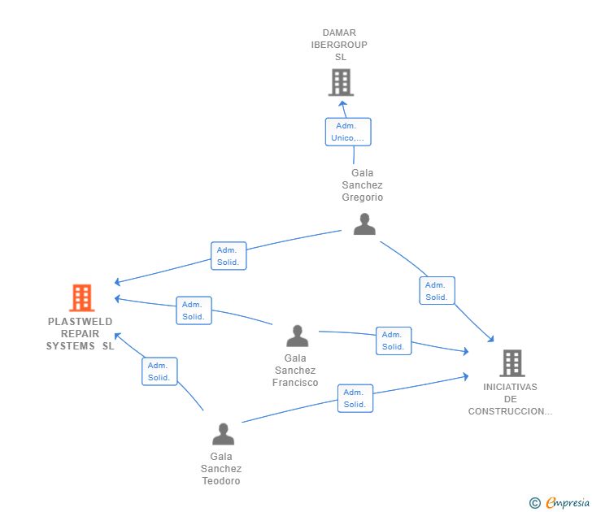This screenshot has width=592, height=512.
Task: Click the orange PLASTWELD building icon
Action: click(x=82, y=297)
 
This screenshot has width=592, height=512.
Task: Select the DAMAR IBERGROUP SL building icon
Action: click(x=341, y=82)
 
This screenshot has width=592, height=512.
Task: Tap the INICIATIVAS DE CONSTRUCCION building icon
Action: click(x=512, y=363)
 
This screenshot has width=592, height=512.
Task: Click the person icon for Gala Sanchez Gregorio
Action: click(x=364, y=224)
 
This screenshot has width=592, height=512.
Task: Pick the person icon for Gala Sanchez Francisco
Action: click(x=298, y=336)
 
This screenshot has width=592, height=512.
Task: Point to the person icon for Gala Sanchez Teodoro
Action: click(x=223, y=434)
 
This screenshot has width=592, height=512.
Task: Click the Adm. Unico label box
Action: click(x=348, y=132)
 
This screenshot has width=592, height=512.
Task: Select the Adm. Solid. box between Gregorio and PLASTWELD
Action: click(x=229, y=256)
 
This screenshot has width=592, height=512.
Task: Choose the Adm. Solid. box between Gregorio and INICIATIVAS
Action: click(x=437, y=290)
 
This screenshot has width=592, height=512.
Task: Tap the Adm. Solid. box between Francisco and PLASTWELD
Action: click(x=194, y=310)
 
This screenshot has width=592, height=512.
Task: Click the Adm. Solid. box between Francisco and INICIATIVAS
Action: click(x=394, y=341)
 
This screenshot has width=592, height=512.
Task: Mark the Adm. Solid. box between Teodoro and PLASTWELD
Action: click(x=159, y=371)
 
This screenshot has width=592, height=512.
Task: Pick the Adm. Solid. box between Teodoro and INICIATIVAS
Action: click(x=355, y=398)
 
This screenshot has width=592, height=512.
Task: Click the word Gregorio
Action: click(x=363, y=197)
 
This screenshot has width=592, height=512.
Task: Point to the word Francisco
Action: click(x=295, y=383)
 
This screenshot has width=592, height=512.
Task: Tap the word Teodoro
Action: click(x=221, y=480)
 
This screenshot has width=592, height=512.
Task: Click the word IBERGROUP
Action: click(x=339, y=45)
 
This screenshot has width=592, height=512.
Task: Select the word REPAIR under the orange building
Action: click(x=80, y=334)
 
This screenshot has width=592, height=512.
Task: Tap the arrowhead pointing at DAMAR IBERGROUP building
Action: click(x=342, y=104)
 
